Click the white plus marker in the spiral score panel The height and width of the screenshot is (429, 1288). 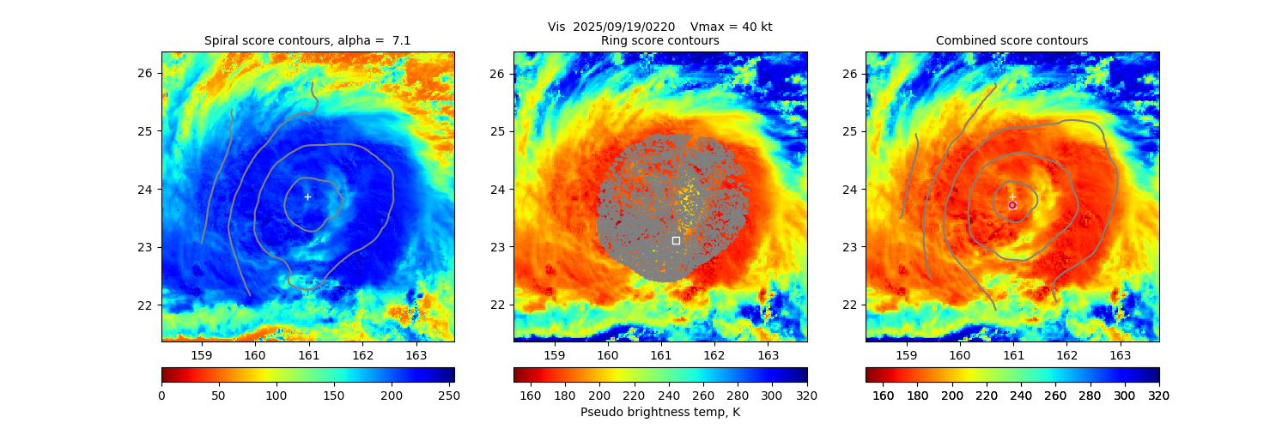(x=307, y=196)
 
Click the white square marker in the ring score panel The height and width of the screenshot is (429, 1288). (x=676, y=240)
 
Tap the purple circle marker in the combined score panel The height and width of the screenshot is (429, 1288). (x=1012, y=205)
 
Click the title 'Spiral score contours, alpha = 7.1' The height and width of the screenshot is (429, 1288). (x=307, y=40)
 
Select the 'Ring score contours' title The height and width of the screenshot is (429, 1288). (x=660, y=40)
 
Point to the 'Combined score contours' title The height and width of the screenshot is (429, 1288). (x=1012, y=40)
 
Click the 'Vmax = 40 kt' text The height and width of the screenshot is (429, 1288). (x=731, y=27)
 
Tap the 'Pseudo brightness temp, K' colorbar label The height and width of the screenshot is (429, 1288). (x=660, y=412)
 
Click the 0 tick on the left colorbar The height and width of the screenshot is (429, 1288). (x=161, y=395)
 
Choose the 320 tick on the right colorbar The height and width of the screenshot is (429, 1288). (x=1159, y=395)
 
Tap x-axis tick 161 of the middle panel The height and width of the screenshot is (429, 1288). (x=661, y=354)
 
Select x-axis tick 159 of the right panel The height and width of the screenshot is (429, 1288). (x=906, y=354)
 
